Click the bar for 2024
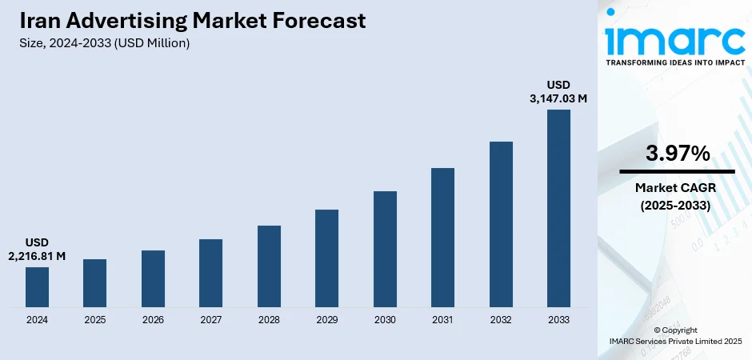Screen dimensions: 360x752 point(37,286)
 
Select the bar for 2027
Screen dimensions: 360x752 point(210,273)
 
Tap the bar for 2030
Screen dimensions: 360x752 point(385,249)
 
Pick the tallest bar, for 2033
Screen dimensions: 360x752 point(558,208)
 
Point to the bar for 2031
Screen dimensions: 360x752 point(442,237)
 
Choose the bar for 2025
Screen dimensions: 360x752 point(94,282)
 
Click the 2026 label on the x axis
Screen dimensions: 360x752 point(153,319)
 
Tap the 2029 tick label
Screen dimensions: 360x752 point(326,319)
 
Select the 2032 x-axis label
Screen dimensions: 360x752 point(501,319)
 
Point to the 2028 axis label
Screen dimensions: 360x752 point(269,319)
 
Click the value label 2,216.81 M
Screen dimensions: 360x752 point(37,255)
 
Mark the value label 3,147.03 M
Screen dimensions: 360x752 point(558,98)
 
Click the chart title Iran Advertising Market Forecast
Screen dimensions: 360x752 point(193,21)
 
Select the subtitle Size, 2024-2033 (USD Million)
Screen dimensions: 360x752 point(105,43)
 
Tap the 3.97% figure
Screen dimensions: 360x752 point(677,154)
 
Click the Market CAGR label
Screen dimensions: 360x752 point(677,188)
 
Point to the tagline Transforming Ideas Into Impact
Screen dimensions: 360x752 point(676,62)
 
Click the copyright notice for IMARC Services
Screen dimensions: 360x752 point(676,335)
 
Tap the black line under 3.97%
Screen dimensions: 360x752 point(677,171)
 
